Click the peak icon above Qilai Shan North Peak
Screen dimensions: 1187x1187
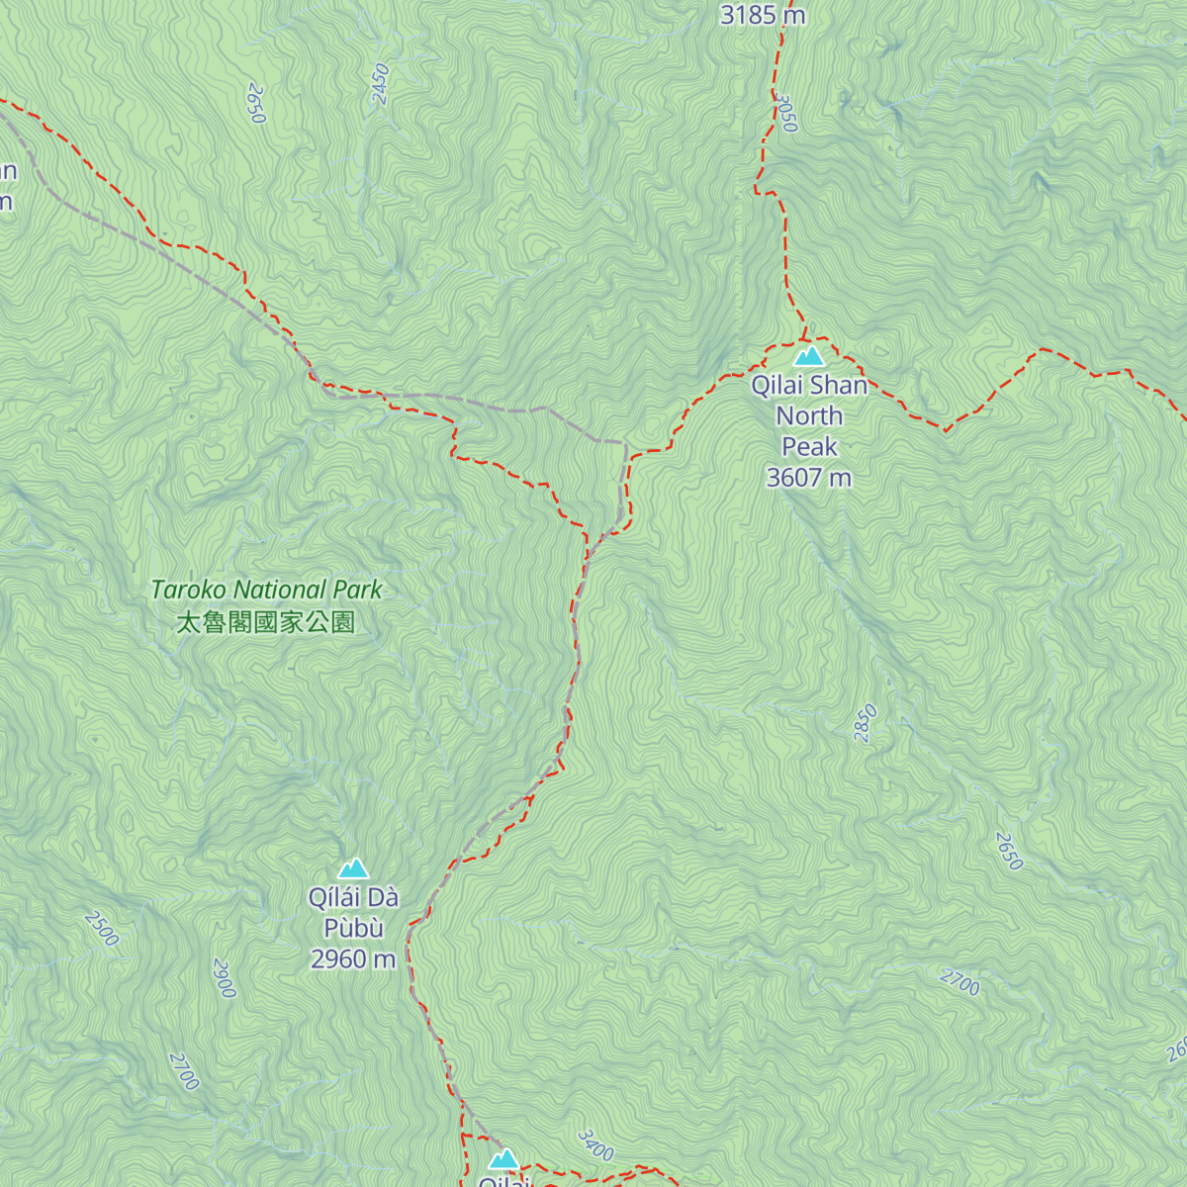pyautogui.click(x=809, y=356)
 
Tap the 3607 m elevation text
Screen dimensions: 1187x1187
pyautogui.click(x=808, y=478)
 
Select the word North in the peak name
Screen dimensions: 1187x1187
pyautogui.click(x=809, y=416)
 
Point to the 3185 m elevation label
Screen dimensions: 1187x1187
pyautogui.click(x=763, y=15)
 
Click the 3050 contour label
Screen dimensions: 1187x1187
pyautogui.click(x=785, y=113)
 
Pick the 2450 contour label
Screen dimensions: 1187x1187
pyautogui.click(x=381, y=84)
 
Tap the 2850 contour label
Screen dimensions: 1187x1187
pyautogui.click(x=866, y=724)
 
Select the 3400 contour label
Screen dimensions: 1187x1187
pyautogui.click(x=595, y=1145)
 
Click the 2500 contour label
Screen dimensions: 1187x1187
pyautogui.click(x=101, y=928)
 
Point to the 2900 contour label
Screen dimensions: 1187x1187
pyautogui.click(x=225, y=978)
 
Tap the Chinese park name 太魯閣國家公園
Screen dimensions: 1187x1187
pyautogui.click(x=265, y=622)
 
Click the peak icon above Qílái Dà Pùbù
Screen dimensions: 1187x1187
pyautogui.click(x=353, y=869)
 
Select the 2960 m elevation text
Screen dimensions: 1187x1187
pyautogui.click(x=353, y=959)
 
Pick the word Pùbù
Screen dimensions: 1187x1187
pyautogui.click(x=353, y=929)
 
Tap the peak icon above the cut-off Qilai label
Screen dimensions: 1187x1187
pyautogui.click(x=503, y=1159)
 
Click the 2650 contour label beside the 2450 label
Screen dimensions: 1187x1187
pyautogui.click(x=256, y=104)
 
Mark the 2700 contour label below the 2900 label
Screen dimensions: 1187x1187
pyautogui.click(x=184, y=1071)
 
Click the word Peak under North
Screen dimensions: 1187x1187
pyautogui.click(x=809, y=447)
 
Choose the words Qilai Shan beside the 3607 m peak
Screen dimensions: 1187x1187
pyautogui.click(x=809, y=386)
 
